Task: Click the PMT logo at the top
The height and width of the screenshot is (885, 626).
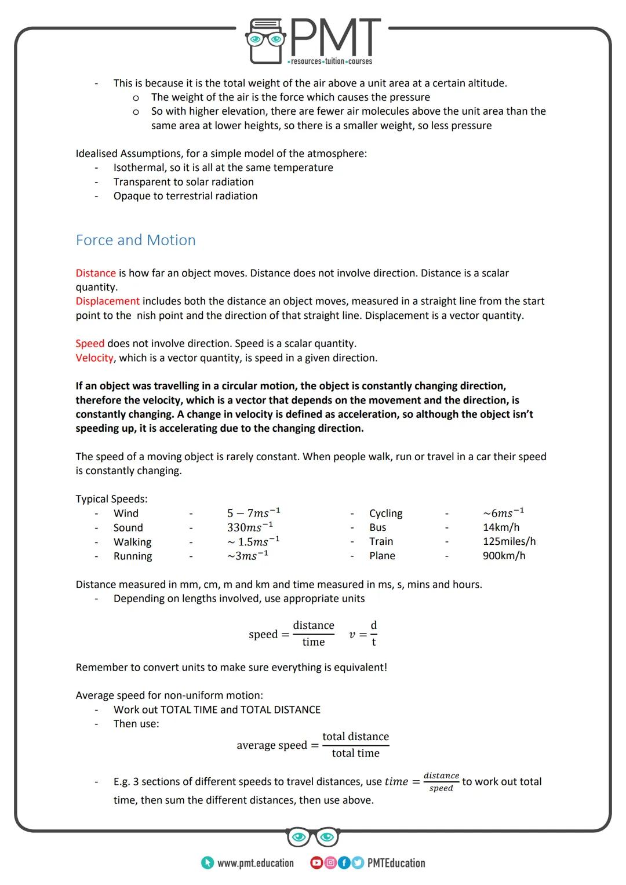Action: (x=313, y=41)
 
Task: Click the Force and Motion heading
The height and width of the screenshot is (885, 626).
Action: (x=136, y=240)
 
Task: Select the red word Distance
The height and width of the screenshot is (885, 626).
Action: (x=96, y=273)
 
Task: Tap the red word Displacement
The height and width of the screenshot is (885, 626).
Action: (x=107, y=301)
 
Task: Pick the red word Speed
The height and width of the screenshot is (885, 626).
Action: (x=90, y=344)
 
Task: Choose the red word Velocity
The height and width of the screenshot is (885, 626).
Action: (x=94, y=358)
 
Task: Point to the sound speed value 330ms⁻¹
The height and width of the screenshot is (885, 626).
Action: (x=250, y=527)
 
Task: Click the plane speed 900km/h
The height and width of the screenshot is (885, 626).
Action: (x=504, y=556)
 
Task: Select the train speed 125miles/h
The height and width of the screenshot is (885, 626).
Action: (x=509, y=541)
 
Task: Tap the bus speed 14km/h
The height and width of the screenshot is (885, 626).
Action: (x=501, y=527)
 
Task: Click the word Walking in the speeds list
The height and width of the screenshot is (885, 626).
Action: (x=132, y=542)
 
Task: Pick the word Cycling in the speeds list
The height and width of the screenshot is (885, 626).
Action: (x=385, y=513)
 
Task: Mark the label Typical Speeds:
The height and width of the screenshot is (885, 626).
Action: (x=111, y=499)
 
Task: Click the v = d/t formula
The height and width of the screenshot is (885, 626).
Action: (x=363, y=634)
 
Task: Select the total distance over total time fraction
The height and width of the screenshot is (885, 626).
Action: (x=355, y=745)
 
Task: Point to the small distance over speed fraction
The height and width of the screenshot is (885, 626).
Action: (x=441, y=782)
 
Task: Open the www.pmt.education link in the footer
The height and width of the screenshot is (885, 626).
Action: (x=255, y=863)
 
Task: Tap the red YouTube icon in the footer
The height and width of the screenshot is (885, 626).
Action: (x=316, y=863)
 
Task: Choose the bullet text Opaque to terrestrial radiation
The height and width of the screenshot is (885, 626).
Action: (x=185, y=196)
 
